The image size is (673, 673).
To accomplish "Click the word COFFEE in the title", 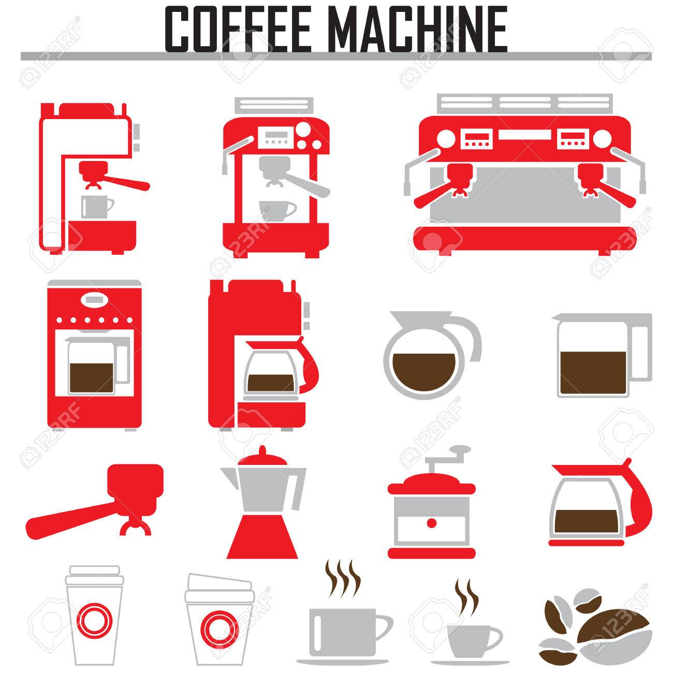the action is pos(238,30).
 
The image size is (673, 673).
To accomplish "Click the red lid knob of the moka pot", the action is pos(262,451).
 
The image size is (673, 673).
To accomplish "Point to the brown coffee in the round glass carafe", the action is pos(424,372).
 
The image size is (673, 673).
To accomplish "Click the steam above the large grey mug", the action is pos(343,578).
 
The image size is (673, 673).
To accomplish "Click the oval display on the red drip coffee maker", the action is pos(94,300).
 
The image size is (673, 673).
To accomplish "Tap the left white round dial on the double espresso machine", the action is pos(446,139).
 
